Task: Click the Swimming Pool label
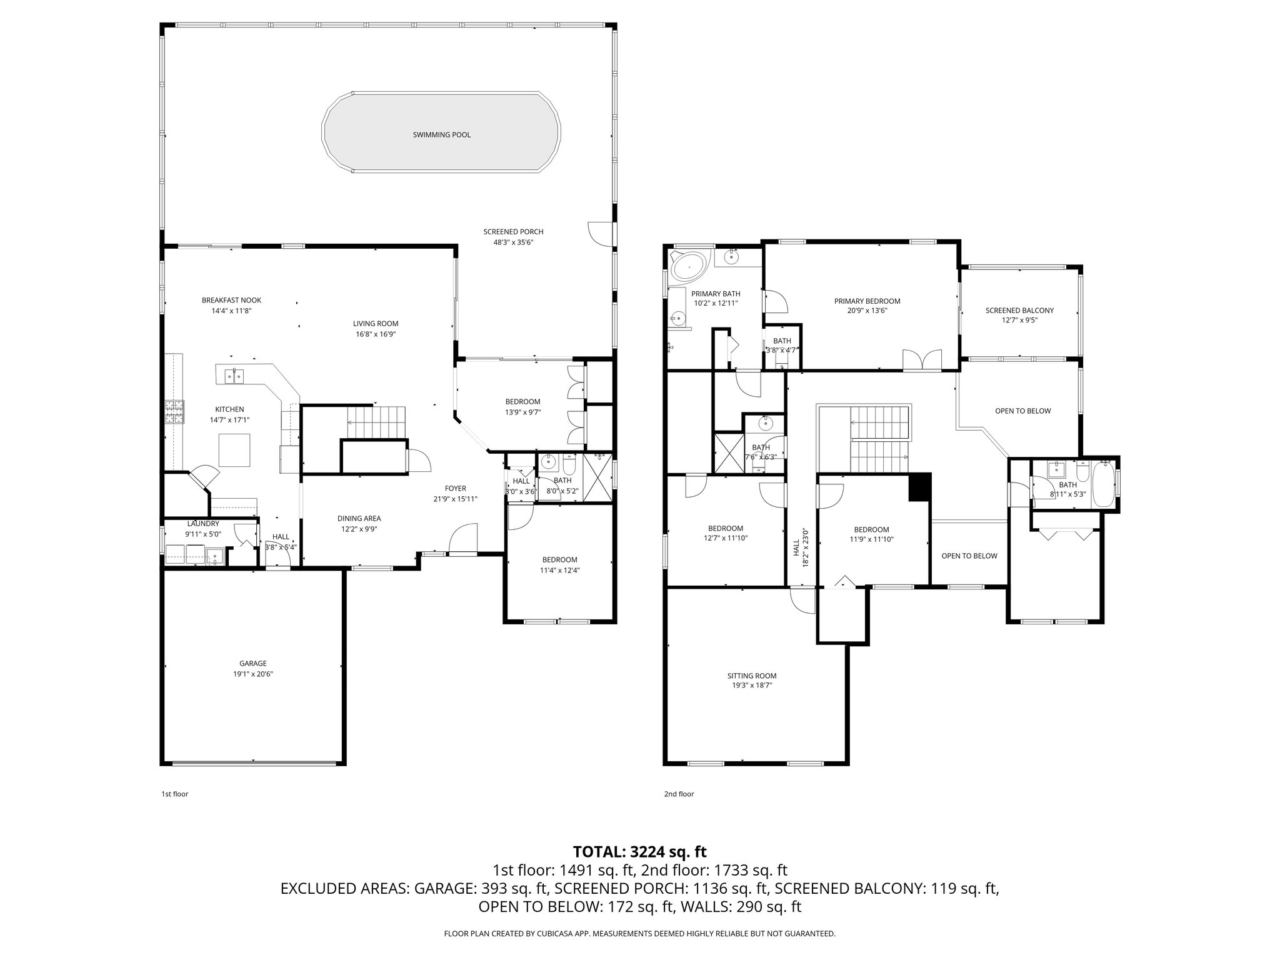coord(441,135)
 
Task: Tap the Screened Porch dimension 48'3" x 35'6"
coord(512,242)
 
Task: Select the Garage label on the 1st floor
coord(252,663)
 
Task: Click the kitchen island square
coord(234,450)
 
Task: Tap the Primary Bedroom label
coord(867,301)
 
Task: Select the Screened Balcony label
coord(1019,311)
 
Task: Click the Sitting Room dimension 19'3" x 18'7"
coord(752,685)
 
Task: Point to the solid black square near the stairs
coord(920,486)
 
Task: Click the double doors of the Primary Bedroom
coord(922,361)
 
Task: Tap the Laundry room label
coord(203,524)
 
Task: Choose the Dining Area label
coord(359,518)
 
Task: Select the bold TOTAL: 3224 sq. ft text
coord(639,851)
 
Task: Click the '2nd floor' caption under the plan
coord(679,794)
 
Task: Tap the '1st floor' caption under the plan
coord(174,794)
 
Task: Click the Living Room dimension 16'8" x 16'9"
coord(375,334)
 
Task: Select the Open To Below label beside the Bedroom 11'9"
coord(969,556)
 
